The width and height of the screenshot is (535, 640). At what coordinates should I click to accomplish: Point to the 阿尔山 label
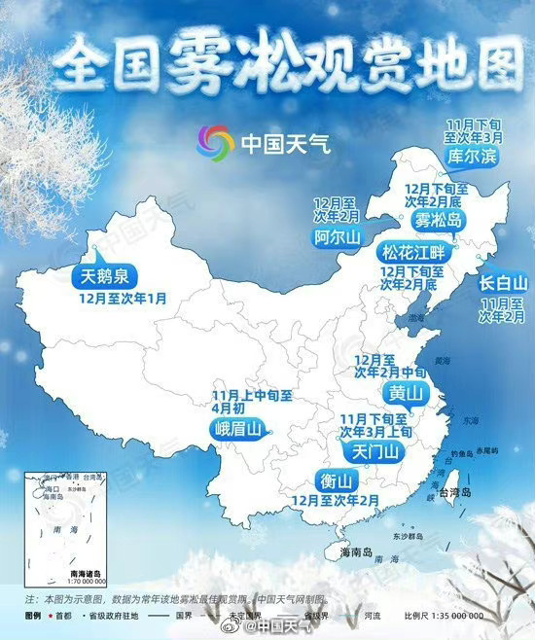pos(337,236)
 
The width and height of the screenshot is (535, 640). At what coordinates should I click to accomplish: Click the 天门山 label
pos(374,451)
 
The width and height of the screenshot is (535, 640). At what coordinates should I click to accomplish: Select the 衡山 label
pos(334,480)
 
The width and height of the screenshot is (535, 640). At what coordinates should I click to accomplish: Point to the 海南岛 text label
pos(356,551)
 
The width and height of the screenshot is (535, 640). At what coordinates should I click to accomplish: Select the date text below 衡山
pos(335,500)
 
